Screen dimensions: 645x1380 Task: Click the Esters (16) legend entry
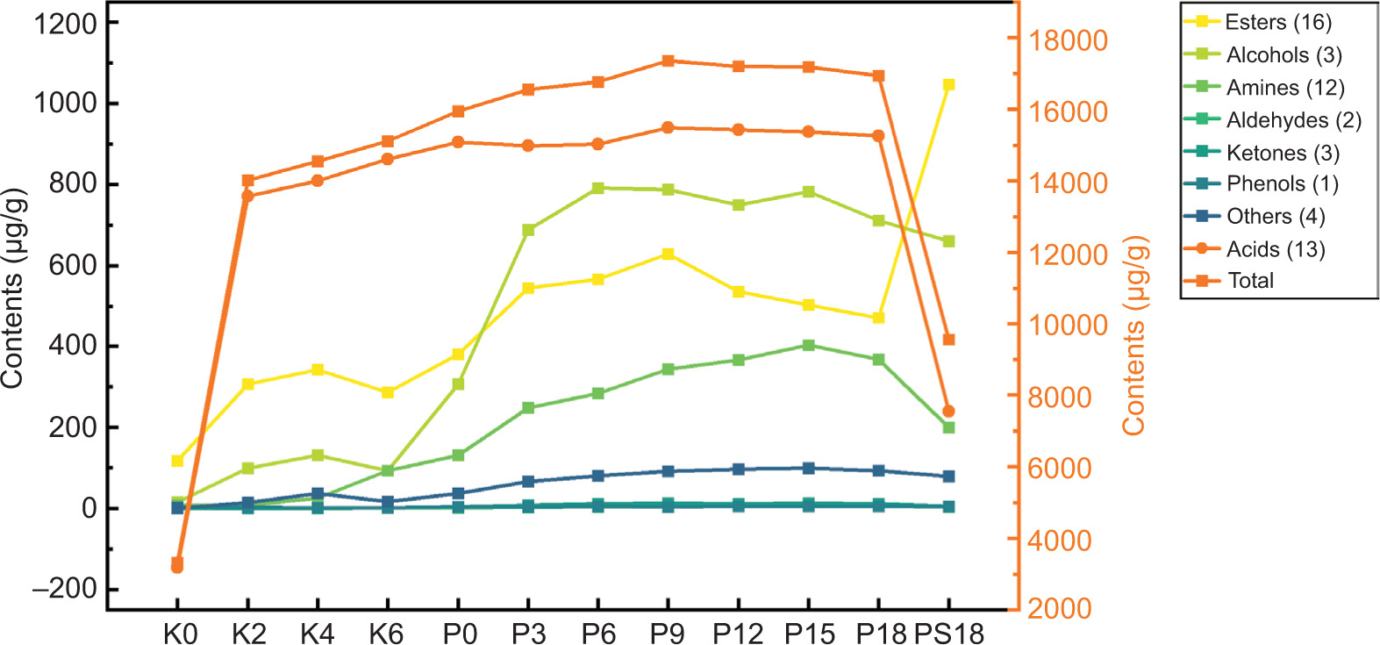pos(1277,22)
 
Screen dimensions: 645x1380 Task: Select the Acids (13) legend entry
pos(1275,249)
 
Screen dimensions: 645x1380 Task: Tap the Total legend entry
pos(1250,281)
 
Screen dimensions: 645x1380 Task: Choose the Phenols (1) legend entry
pos(1282,184)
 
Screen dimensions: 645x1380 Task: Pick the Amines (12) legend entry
pos(1284,88)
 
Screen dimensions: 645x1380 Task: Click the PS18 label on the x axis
pos(949,633)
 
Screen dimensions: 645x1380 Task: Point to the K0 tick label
pos(180,633)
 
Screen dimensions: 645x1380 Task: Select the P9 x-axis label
pos(668,633)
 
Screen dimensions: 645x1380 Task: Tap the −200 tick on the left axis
pos(64,589)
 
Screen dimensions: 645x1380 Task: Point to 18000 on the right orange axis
pos(1069,40)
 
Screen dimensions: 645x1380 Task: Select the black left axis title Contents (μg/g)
pos(12,288)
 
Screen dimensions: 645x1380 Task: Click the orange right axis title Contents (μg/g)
pos(1133,334)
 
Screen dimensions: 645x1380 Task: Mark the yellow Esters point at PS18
pos(948,85)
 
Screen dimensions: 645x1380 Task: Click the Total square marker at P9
pos(668,61)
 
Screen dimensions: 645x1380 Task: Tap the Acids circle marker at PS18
pos(948,411)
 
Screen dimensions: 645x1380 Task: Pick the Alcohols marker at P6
pos(597,189)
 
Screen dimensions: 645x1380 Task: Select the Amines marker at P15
pos(808,346)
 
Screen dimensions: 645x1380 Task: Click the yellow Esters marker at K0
pos(177,461)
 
